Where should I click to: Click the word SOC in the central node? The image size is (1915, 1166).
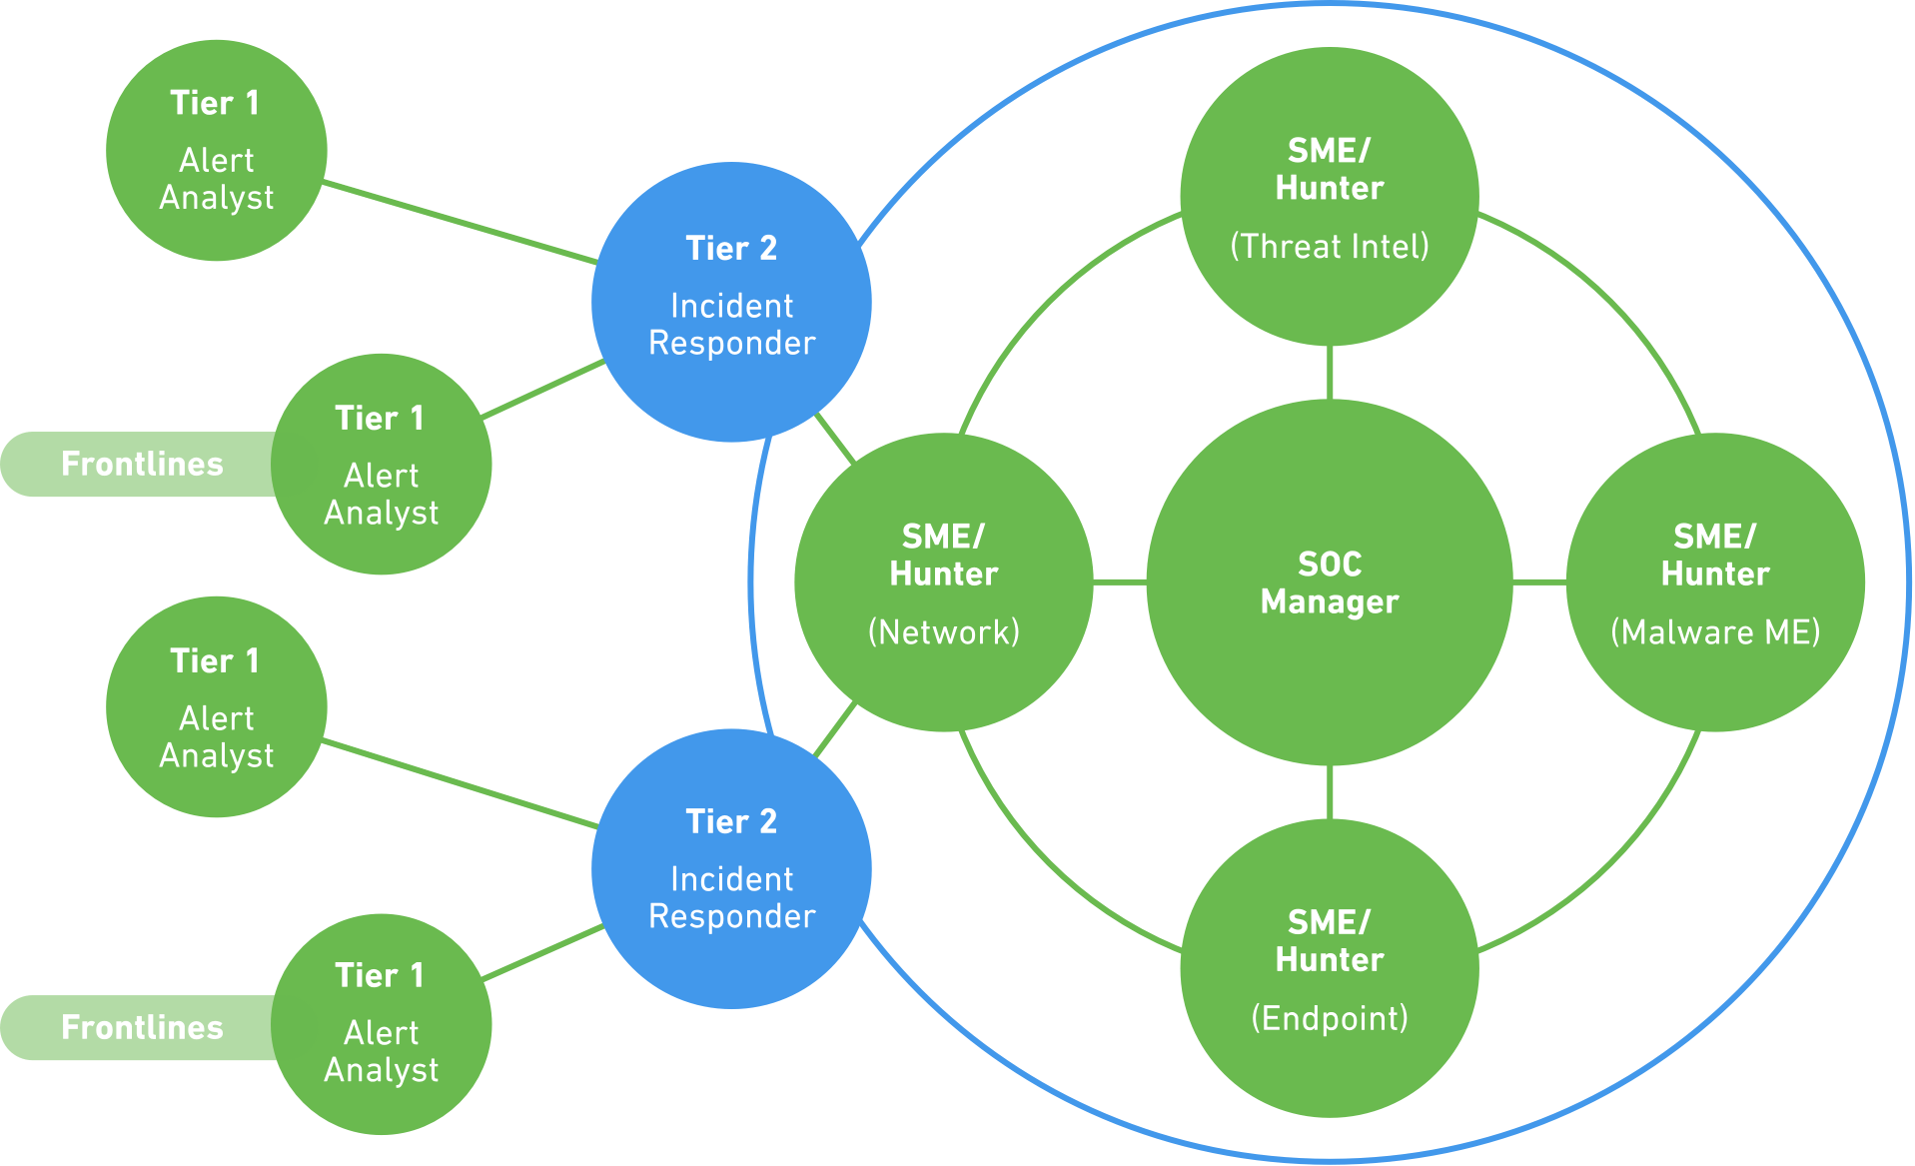pyautogui.click(x=1329, y=565)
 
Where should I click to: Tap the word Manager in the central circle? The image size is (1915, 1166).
pyautogui.click(x=1329, y=602)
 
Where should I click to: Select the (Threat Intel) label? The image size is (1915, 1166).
pyautogui.click(x=1329, y=247)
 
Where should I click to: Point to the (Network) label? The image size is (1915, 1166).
pyautogui.click(x=943, y=632)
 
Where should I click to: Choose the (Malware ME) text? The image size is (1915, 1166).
pyautogui.click(x=1714, y=632)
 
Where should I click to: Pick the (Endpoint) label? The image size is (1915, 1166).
pyautogui.click(x=1329, y=1018)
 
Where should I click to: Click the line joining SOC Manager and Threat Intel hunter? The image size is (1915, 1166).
pyautogui.click(x=1330, y=372)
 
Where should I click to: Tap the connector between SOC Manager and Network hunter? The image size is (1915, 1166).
pyautogui.click(x=1120, y=581)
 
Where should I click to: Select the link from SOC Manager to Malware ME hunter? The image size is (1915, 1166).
pyautogui.click(x=1539, y=581)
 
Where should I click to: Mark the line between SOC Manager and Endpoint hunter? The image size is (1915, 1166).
pyautogui.click(x=1330, y=792)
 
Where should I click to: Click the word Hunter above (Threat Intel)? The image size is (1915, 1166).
pyautogui.click(x=1329, y=188)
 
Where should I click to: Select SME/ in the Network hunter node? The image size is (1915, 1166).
pyautogui.click(x=943, y=537)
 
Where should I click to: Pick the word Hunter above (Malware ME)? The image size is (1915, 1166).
pyautogui.click(x=1714, y=575)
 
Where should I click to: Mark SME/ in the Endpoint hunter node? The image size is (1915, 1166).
pyautogui.click(x=1329, y=922)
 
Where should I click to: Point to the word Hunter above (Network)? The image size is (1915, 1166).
pyautogui.click(x=943, y=575)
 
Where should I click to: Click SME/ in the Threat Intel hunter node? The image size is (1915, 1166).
pyautogui.click(x=1329, y=151)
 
